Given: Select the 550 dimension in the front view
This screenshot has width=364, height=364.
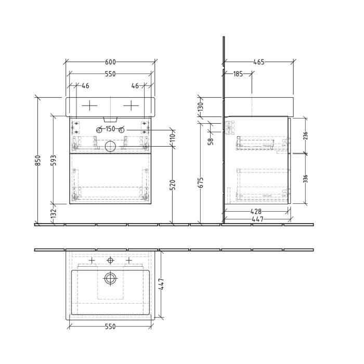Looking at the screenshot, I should click(110, 74).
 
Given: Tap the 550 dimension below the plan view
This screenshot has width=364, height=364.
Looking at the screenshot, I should click(110, 327).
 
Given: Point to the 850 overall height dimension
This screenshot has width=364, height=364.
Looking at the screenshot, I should click(38, 161).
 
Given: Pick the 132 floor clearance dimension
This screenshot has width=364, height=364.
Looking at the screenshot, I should click(54, 214).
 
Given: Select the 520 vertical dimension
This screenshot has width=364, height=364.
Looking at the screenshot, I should click(173, 185).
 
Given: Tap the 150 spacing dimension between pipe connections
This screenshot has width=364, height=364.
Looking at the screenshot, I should click(110, 129).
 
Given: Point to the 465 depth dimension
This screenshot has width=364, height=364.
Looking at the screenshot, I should click(258, 62).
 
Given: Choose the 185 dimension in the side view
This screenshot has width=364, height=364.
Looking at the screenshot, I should click(238, 74).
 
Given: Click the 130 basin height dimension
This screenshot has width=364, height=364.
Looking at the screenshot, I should click(201, 108).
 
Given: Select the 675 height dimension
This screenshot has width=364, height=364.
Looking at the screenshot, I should click(201, 182).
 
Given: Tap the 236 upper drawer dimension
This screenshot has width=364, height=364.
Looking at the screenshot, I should click(306, 136).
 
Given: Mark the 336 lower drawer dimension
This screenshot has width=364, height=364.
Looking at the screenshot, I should click(306, 178).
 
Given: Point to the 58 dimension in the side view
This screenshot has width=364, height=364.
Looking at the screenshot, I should click(211, 140).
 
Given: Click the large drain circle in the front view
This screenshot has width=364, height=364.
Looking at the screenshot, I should click(110, 147).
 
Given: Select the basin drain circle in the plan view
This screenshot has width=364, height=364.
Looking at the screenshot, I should click(110, 278).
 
